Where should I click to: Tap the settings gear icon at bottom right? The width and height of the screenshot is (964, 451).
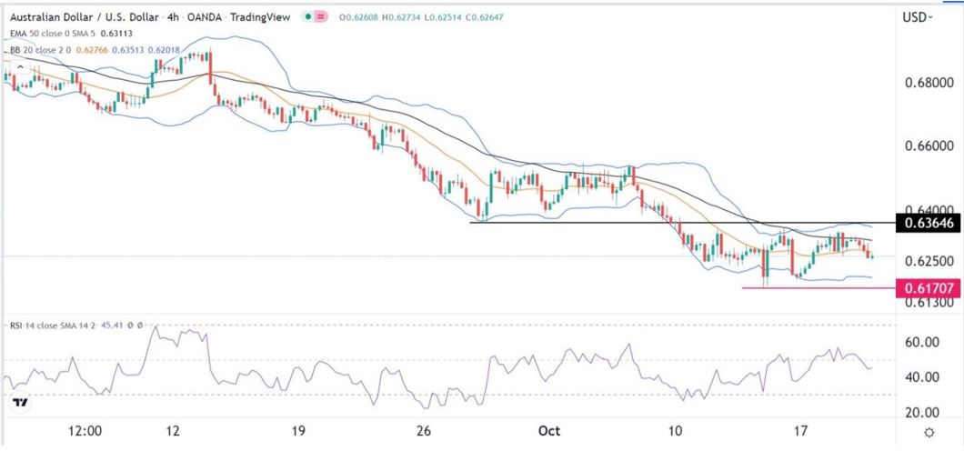click(x=929, y=432)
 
